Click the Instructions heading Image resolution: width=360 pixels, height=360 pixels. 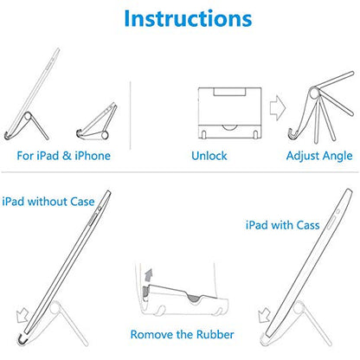point(188,18)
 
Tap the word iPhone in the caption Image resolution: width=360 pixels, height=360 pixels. point(93,156)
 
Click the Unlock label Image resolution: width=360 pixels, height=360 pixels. point(209,156)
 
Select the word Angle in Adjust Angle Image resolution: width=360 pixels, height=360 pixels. point(337,157)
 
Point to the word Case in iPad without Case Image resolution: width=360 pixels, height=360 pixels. point(82,202)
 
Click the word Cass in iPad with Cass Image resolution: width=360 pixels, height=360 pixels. point(308,225)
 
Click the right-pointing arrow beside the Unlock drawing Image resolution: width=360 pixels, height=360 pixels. point(278,107)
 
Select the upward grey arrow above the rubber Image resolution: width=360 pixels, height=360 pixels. point(148,275)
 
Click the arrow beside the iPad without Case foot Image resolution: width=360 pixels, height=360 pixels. point(22,316)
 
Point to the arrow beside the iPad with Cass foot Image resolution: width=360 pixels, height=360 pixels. point(264,316)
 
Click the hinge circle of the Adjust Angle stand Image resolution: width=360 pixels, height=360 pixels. point(314,93)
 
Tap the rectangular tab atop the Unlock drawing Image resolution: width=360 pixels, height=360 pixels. point(229,92)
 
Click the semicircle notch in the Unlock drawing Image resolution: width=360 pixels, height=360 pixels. point(229,127)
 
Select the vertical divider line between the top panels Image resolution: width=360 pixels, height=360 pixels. point(131,115)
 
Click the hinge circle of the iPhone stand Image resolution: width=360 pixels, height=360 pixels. point(104,135)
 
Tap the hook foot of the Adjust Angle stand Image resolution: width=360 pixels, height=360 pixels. point(294,134)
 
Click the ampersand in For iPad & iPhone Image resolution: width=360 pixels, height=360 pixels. point(67,156)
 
